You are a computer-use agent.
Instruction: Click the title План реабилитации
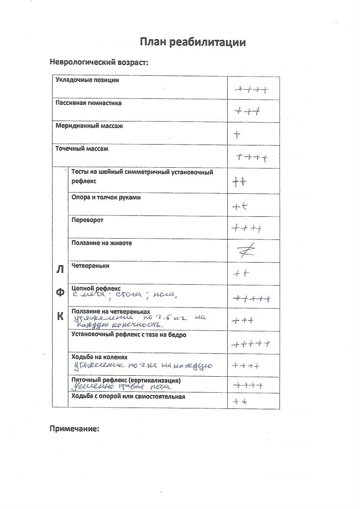pos(193,42)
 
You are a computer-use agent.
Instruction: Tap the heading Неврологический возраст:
pos(99,62)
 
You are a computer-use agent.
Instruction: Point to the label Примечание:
pos(75,428)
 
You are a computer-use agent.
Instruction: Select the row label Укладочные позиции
pos(87,80)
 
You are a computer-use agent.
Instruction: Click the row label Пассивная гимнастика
pos(89,104)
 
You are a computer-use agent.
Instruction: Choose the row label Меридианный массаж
pos(89,126)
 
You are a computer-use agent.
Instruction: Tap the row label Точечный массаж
pos(82,148)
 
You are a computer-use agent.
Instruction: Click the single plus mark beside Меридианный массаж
pos(237,135)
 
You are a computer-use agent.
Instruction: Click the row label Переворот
pos(87,220)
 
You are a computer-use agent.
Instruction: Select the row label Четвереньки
pos(90,266)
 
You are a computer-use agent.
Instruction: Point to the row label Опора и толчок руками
pos(106,197)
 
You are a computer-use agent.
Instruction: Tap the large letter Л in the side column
pos(60,269)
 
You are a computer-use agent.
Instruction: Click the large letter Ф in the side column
pos(60,293)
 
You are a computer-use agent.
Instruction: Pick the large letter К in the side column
pos(60,317)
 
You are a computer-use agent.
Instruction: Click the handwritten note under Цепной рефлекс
pos(124,296)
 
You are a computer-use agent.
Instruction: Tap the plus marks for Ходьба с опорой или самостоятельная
pos(240,401)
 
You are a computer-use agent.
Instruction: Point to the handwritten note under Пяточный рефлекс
pos(121,387)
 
